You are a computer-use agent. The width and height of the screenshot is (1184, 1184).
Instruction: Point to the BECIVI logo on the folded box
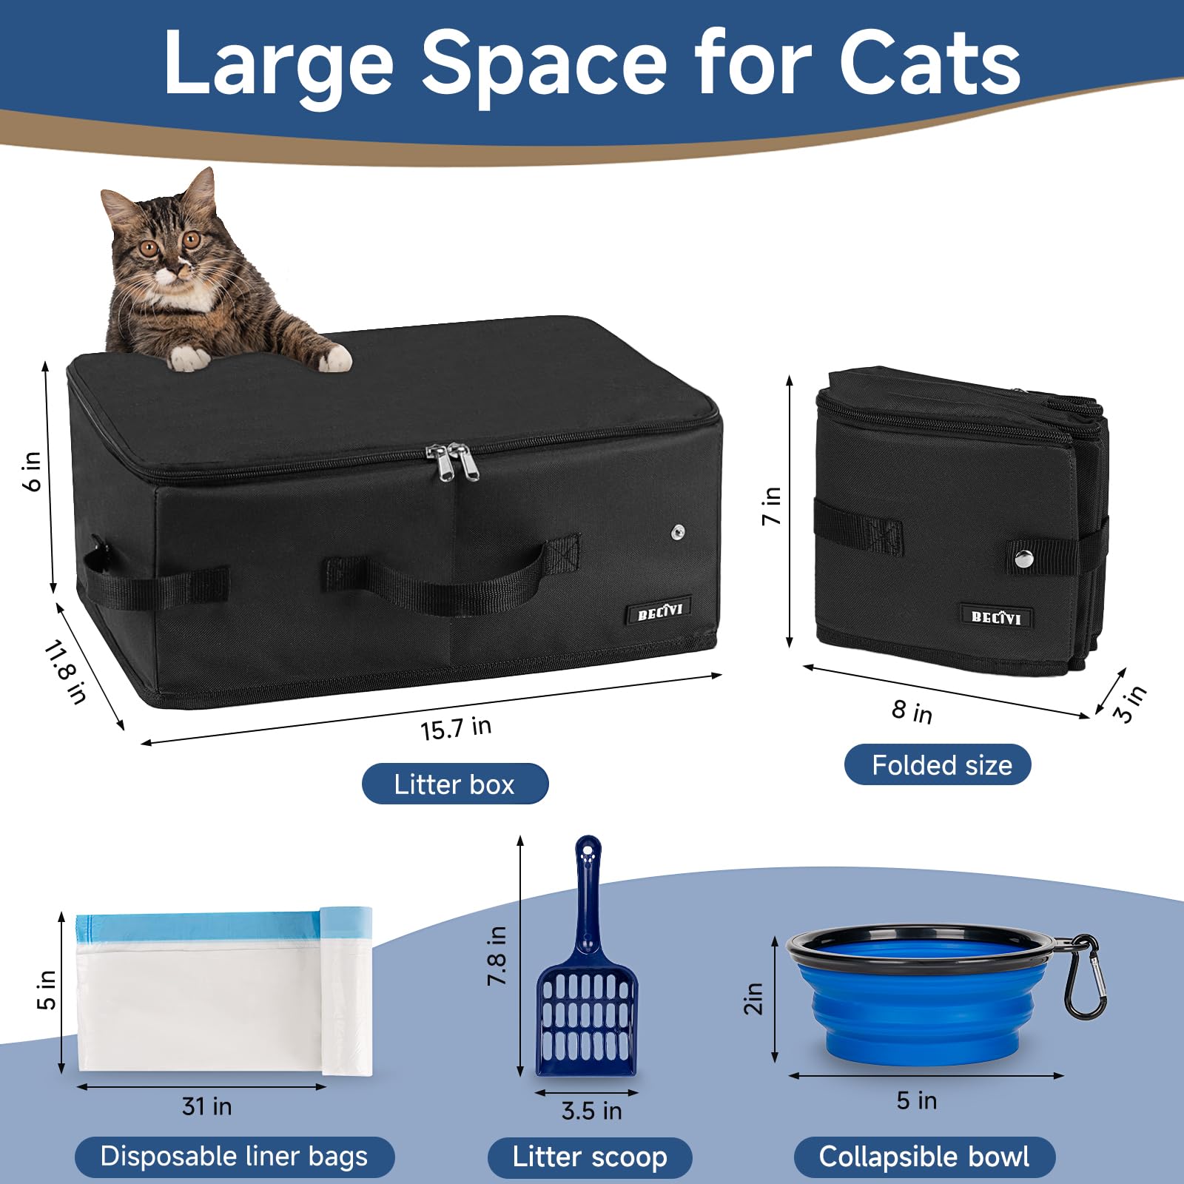[x=996, y=617]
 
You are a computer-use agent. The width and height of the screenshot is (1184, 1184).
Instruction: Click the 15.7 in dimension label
[x=456, y=728]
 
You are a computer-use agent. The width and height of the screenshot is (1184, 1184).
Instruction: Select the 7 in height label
[x=771, y=506]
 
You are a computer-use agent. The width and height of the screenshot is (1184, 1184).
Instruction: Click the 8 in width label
[x=912, y=711]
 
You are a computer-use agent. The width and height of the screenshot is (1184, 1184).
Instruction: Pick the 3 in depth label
[x=1130, y=703]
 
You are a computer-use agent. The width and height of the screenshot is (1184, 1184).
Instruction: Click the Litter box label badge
[x=454, y=784]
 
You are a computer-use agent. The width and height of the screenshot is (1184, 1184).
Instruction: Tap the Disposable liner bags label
[x=234, y=1157]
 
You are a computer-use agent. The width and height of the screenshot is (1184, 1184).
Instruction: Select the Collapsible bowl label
[x=924, y=1157]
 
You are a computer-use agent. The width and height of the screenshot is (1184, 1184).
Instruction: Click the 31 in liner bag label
[x=207, y=1106]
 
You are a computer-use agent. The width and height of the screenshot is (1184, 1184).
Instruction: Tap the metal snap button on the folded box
[x=1023, y=559]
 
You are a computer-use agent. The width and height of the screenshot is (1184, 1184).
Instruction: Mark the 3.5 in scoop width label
[x=591, y=1111]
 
